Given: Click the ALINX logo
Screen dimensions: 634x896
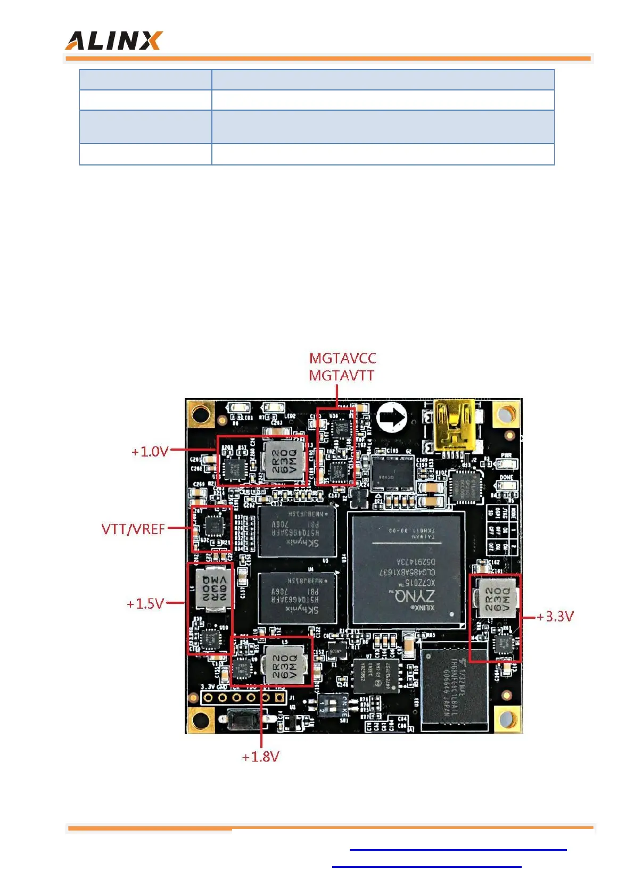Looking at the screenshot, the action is (x=113, y=41).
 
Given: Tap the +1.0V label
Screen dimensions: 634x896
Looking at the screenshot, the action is (x=150, y=452).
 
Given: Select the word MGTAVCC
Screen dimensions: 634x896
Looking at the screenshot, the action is (x=342, y=358).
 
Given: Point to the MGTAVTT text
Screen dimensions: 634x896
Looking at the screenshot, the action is (x=341, y=376).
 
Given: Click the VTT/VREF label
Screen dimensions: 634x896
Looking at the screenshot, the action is (x=133, y=529).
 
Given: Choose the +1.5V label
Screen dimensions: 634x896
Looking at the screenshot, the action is (x=145, y=604).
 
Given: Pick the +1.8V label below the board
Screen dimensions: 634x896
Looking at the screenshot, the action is (x=260, y=757).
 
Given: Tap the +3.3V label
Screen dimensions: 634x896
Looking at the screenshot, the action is (x=555, y=617).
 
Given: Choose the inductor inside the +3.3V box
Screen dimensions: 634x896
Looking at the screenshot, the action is (x=496, y=598).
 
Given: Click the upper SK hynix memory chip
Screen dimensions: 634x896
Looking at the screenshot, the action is (x=297, y=530).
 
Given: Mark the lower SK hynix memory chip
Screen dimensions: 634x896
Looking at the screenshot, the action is (x=297, y=598).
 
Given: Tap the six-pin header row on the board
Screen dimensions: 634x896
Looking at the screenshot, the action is (x=243, y=697).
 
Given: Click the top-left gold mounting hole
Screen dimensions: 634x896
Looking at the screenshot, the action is (x=200, y=413).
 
